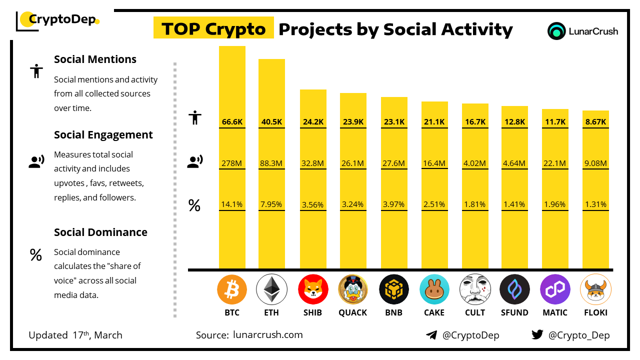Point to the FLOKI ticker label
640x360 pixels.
click(x=595, y=312)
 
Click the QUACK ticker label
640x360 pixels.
click(x=353, y=312)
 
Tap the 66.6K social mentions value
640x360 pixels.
click(x=232, y=121)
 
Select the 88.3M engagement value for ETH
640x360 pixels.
click(x=271, y=163)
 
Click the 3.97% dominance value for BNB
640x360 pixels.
click(x=394, y=204)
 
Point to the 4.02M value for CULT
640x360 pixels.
click(x=475, y=163)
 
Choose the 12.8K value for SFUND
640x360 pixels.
click(x=515, y=121)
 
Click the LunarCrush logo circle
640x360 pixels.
click(x=556, y=31)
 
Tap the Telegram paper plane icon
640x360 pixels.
click(x=431, y=335)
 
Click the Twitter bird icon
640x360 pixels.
click(x=537, y=334)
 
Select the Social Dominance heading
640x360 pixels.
click(x=100, y=232)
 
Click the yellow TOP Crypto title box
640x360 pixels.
click(x=213, y=29)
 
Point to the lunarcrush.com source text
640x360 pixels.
click(x=268, y=335)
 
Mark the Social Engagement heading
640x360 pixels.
click(x=103, y=134)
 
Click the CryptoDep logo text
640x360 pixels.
click(x=62, y=19)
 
